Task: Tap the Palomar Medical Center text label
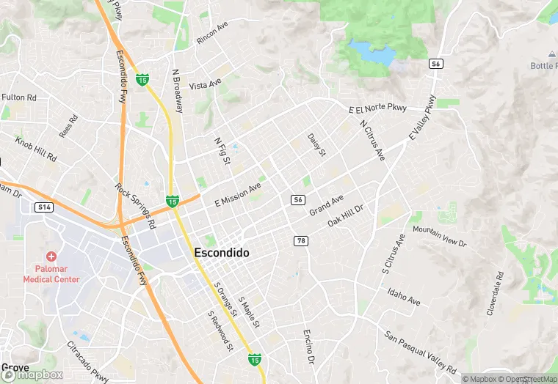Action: coord(51,273)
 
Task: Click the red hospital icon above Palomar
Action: coord(51,256)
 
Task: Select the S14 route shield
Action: coord(46,207)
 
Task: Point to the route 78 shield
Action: coord(301,240)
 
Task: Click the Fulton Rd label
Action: coord(19,97)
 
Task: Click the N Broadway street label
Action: coord(177,92)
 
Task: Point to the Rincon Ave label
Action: coord(212,34)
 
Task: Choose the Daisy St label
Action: coord(316,144)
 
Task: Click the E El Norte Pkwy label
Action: coord(377,109)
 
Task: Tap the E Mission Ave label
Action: coord(238,194)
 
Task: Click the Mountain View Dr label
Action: coord(439,235)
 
